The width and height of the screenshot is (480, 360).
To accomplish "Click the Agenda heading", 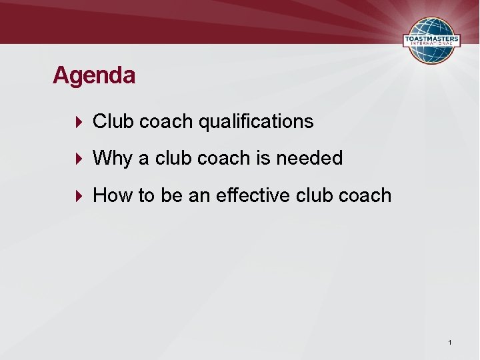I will tap(94, 75).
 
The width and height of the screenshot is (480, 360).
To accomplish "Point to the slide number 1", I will tap(451, 343).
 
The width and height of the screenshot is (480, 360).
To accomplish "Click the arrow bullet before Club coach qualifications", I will tap(79, 121).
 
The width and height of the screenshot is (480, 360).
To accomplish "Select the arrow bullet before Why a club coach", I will tap(79, 158).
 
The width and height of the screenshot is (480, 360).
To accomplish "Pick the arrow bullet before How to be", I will tap(79, 195).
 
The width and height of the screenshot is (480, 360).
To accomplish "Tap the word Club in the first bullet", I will tap(111, 121).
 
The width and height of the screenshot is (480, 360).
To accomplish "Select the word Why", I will tap(113, 159).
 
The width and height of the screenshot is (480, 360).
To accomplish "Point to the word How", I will tap(113, 195).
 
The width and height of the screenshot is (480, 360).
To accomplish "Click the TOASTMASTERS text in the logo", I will tap(431, 40).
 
